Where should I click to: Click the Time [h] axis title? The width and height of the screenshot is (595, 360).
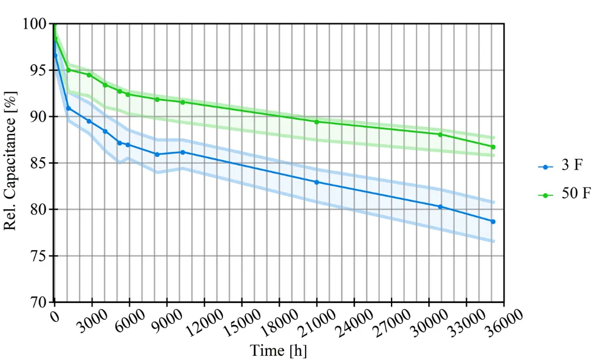[x=278, y=351]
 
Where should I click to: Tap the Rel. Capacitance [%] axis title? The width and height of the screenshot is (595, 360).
[x=12, y=163]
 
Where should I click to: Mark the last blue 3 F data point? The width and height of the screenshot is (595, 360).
[x=493, y=221]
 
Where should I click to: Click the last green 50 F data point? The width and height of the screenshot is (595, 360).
[x=493, y=146]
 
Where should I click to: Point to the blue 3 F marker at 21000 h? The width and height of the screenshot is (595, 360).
[x=317, y=182]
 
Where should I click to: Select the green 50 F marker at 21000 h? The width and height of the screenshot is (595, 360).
[x=317, y=122]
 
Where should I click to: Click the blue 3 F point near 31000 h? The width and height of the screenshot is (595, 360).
[x=440, y=206]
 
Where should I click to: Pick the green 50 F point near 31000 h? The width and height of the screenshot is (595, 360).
[x=440, y=135]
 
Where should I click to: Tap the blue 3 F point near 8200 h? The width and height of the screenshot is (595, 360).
[x=157, y=154]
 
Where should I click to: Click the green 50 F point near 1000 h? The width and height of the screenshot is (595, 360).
[x=68, y=70]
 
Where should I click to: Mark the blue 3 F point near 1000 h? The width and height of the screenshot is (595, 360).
[x=68, y=108]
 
